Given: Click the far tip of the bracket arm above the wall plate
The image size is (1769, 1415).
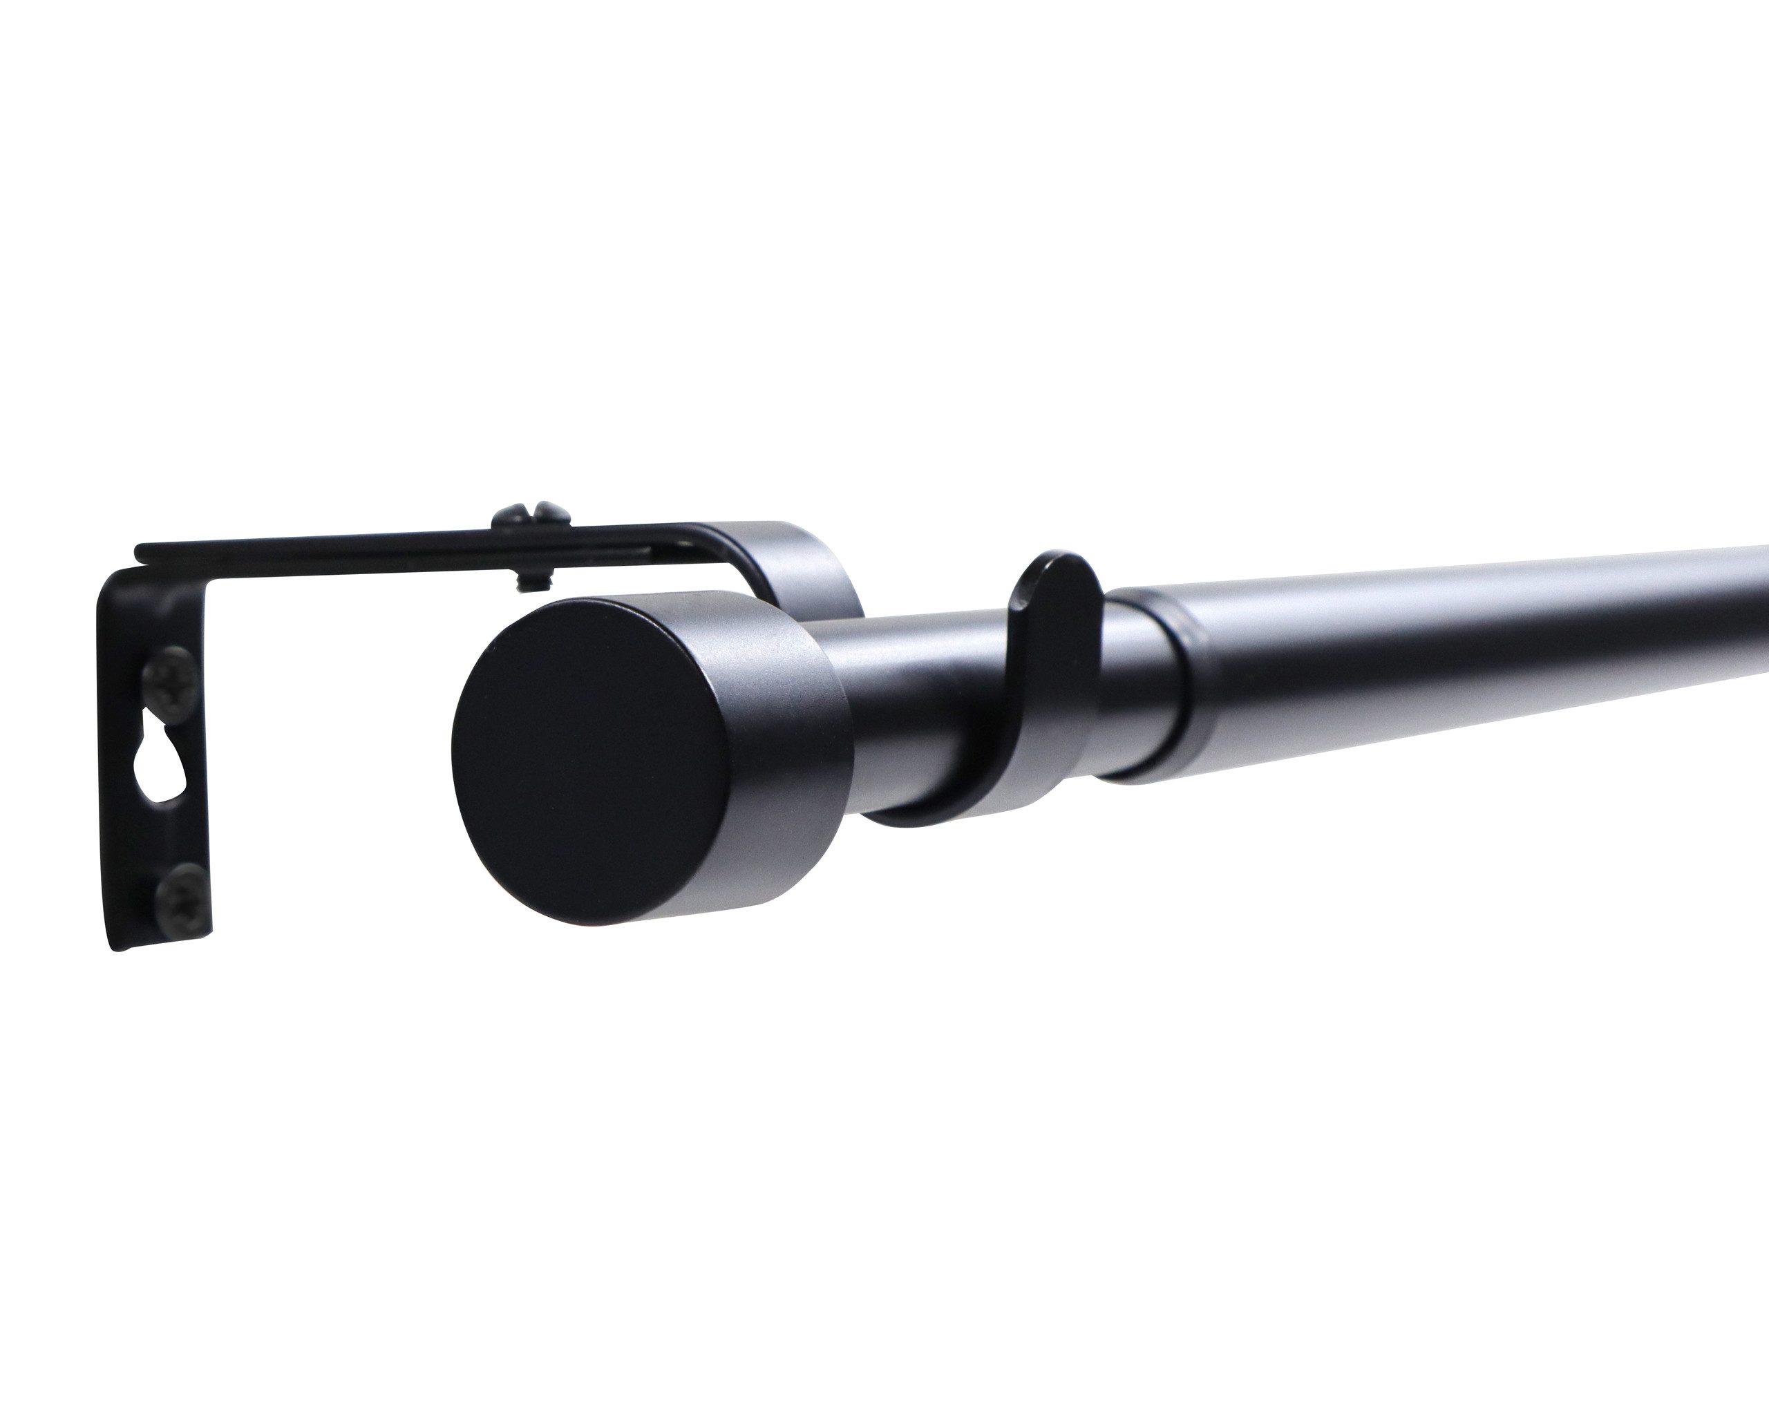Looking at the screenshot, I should [x=141, y=548].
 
